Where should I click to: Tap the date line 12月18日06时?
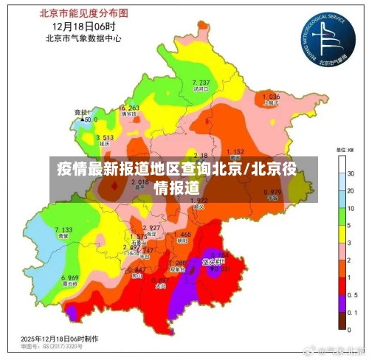pyautogui.click(x=83, y=26)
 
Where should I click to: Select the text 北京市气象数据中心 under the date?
pyautogui.click(x=83, y=38)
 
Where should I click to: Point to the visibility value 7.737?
pyautogui.click(x=201, y=82)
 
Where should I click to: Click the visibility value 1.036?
pyautogui.click(x=271, y=97)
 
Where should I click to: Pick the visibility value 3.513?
pyautogui.click(x=104, y=138)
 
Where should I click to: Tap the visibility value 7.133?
pyautogui.click(x=63, y=230)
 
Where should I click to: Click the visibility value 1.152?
pyautogui.click(x=235, y=151)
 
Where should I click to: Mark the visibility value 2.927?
pyautogui.click(x=151, y=227)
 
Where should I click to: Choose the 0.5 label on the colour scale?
pyautogui.click(x=354, y=293)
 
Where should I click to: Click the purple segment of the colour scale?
pyautogui.click(x=342, y=301)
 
